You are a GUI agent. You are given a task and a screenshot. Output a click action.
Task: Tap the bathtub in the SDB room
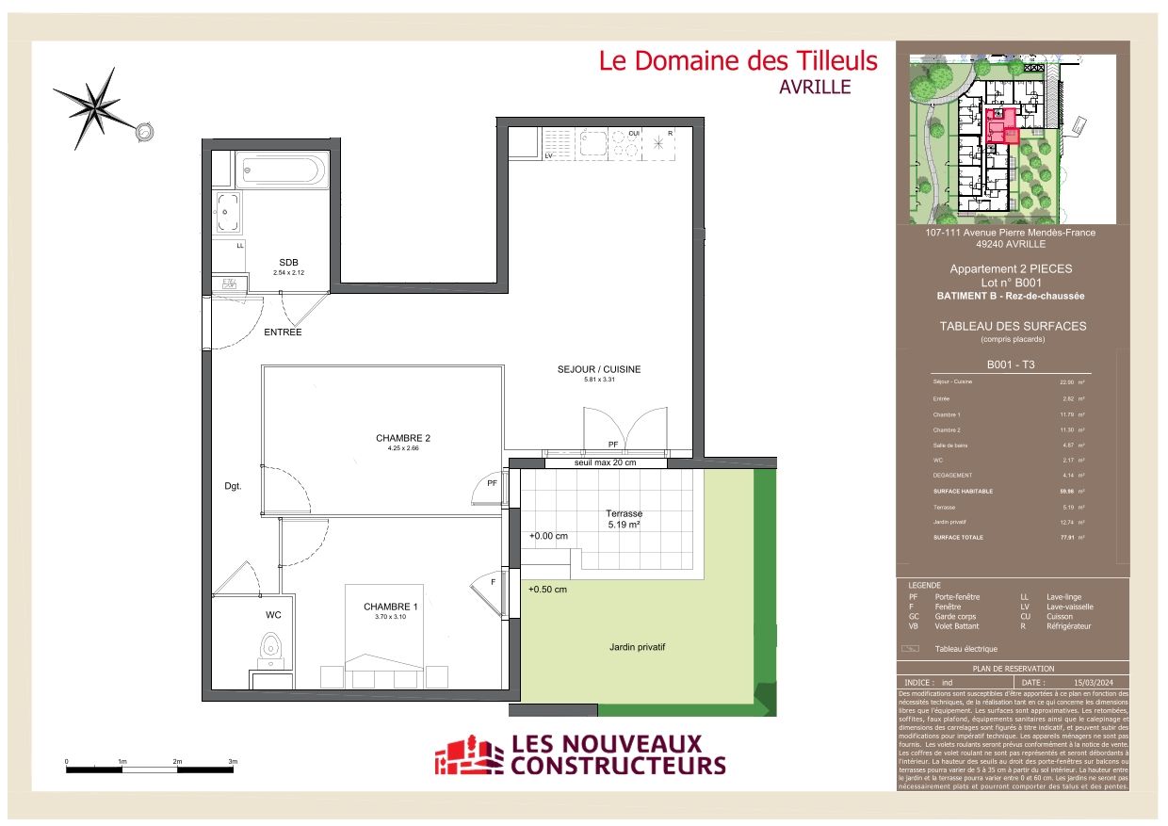coord(282,171)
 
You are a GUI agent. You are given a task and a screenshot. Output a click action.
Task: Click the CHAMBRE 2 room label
coord(402,438)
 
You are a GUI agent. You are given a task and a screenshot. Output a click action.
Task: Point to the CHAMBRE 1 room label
coord(390,607)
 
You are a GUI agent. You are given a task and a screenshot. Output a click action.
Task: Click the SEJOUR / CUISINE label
coord(598,369)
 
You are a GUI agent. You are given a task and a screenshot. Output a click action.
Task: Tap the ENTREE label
coord(283,332)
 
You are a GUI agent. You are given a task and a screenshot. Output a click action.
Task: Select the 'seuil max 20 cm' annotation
coord(605,462)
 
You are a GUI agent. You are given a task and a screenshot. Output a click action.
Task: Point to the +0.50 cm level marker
coord(547,590)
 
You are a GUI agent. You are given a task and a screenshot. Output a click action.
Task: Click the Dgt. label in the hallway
coord(233,487)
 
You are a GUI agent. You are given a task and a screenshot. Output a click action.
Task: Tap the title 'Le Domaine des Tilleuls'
coord(738,61)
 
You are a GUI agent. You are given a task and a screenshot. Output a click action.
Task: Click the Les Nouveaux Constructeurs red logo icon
coord(468,756)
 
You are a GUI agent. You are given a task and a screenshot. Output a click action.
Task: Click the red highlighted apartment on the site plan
coord(1000,124)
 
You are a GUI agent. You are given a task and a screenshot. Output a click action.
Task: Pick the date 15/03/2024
coord(1094,682)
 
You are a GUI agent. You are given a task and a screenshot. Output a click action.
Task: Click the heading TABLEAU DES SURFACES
coord(1012,326)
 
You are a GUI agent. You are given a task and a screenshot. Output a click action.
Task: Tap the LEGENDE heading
coord(924,585)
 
